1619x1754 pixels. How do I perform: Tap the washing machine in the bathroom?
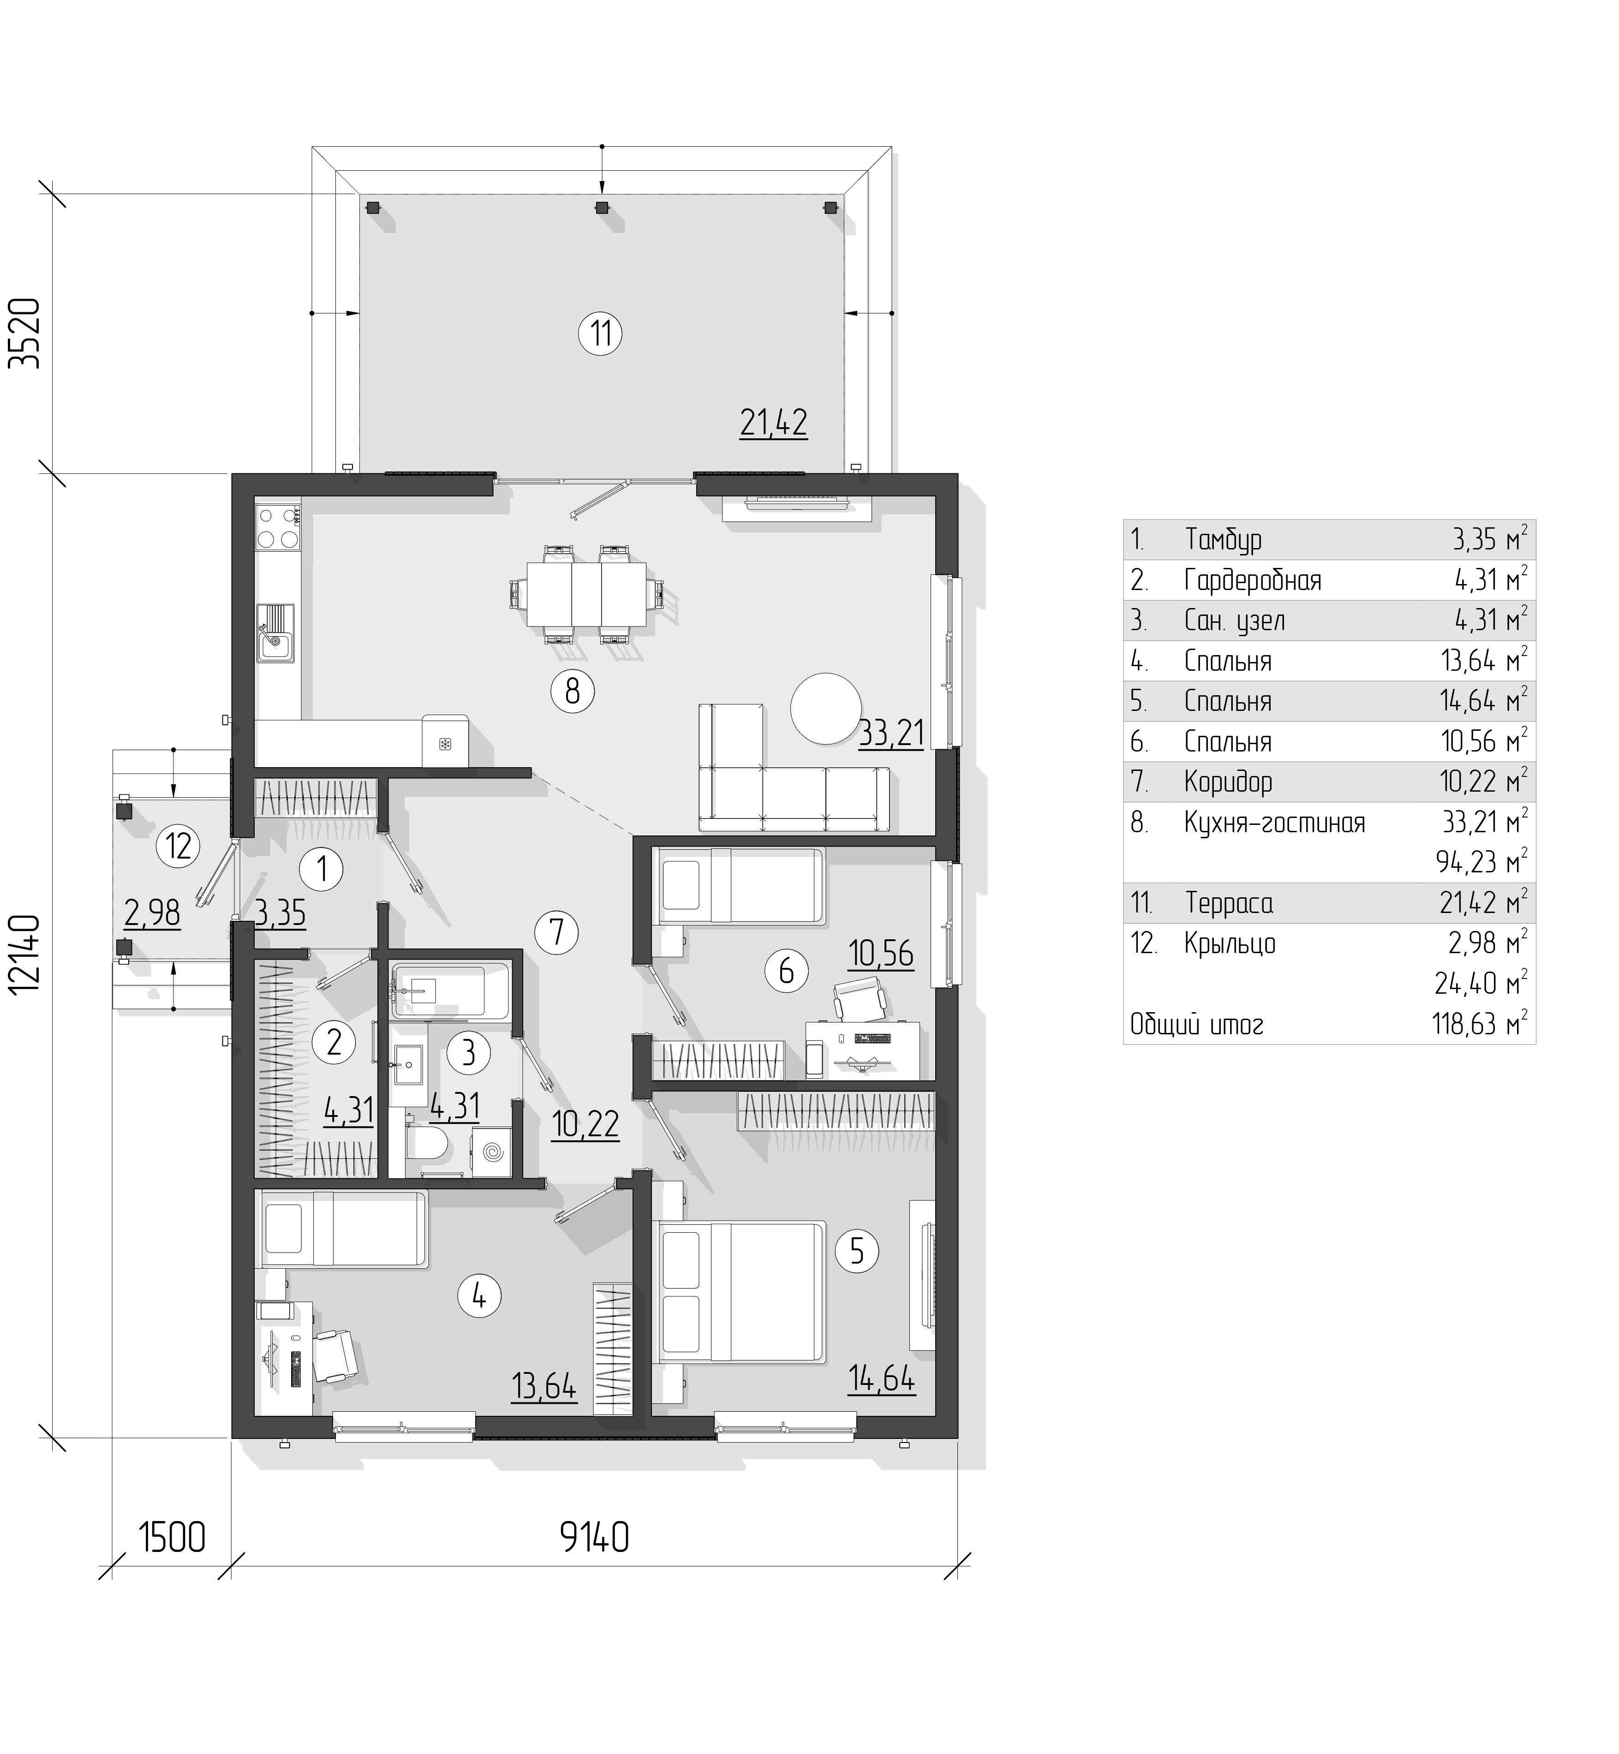(491, 1151)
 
